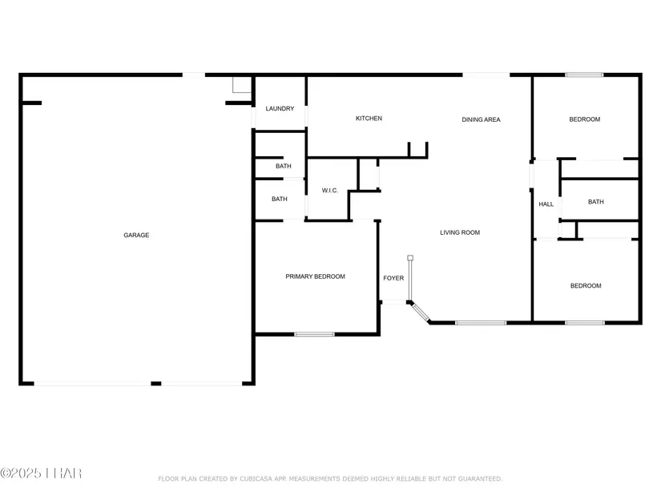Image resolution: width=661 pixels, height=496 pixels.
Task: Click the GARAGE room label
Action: (x=136, y=235)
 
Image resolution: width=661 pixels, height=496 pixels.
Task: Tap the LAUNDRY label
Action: (x=280, y=108)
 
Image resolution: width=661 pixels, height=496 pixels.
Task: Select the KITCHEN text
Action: (x=369, y=118)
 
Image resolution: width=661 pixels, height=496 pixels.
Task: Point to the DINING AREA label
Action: (x=481, y=119)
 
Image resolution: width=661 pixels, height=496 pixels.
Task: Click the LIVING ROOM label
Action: (x=460, y=232)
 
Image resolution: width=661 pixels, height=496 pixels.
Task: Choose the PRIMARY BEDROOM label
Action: (x=316, y=276)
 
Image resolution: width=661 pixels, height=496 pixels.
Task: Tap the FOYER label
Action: (x=393, y=278)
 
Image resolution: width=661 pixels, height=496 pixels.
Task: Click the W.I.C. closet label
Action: (x=330, y=190)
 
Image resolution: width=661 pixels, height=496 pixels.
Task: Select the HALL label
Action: (x=546, y=204)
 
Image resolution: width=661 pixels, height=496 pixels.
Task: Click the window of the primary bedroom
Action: (x=315, y=334)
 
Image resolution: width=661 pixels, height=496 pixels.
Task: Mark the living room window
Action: (x=481, y=323)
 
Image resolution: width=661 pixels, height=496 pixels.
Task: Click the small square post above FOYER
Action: (x=410, y=258)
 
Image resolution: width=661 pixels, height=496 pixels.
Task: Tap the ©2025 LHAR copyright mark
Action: (x=41, y=474)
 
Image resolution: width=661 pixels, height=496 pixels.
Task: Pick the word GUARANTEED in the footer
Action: (x=480, y=478)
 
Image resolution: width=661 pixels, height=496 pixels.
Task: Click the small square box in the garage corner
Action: (x=242, y=85)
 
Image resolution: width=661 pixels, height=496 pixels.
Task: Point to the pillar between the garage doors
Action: (x=156, y=383)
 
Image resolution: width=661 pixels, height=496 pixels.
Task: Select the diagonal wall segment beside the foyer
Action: (x=420, y=313)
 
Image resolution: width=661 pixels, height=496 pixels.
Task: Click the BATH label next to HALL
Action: (x=595, y=202)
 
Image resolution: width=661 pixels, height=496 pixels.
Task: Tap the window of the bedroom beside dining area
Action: (x=584, y=75)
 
